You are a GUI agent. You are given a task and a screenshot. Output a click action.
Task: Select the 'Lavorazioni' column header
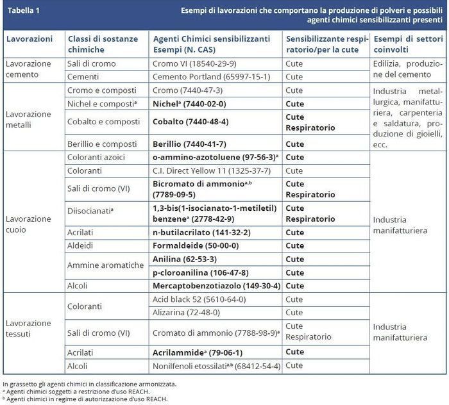tap(29, 38)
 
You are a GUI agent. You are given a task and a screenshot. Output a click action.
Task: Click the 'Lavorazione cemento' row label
tap(29, 70)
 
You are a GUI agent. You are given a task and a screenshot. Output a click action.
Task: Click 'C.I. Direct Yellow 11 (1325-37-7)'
tap(212, 170)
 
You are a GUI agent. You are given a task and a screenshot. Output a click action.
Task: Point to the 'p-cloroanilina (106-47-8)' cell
tap(199, 272)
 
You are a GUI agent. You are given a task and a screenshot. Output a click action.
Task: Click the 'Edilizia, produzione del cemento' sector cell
tap(408, 70)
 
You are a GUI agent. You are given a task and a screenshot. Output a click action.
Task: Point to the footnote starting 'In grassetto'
tap(90, 383)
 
